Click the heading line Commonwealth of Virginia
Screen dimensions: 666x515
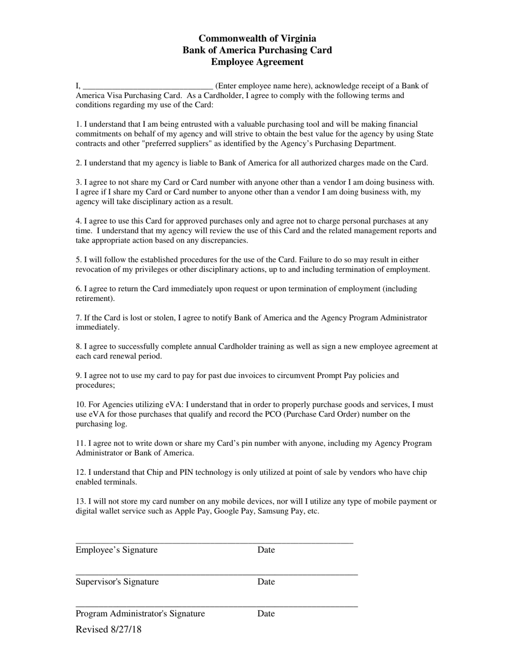257,38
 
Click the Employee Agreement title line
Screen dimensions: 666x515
257,62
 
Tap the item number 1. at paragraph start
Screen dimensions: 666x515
79,125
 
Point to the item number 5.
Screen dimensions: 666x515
79,260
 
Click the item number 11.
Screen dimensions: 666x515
81,443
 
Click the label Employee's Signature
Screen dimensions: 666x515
117,550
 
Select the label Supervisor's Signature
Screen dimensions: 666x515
117,582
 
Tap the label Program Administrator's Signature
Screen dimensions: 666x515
140,613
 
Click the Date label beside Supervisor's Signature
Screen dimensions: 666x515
266,582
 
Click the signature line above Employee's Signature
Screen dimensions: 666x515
214,543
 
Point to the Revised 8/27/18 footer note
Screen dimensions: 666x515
108,629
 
